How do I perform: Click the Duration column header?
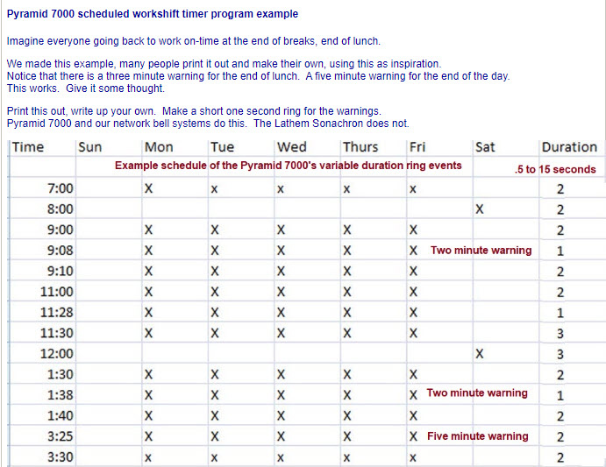[x=569, y=147]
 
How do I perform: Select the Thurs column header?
[x=360, y=147]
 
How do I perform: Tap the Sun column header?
[x=90, y=147]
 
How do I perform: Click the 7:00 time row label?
[x=61, y=188]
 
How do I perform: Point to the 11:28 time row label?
[x=58, y=313]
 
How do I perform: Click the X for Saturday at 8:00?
[x=479, y=209]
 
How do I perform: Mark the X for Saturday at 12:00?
[x=479, y=354]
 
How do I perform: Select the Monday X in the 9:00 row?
[x=148, y=230]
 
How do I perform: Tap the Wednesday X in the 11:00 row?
[x=281, y=292]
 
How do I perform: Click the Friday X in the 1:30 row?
[x=412, y=374]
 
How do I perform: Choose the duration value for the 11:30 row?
[x=560, y=334]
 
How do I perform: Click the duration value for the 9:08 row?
[x=560, y=251]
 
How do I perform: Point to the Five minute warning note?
[x=478, y=436]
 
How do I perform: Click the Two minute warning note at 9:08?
[x=481, y=251]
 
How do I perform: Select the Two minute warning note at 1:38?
[x=477, y=393]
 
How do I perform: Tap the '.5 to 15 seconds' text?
[x=555, y=169]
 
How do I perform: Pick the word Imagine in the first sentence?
[x=27, y=41]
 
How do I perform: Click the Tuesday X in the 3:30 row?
[x=214, y=457]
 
